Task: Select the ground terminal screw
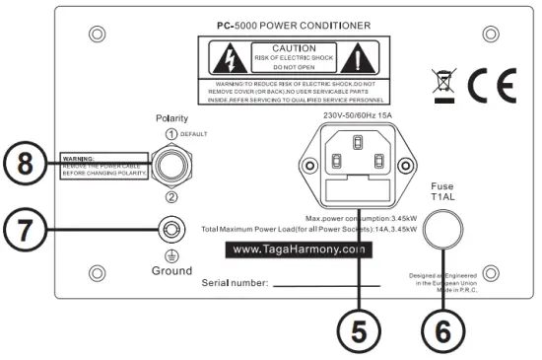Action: tap(171, 230)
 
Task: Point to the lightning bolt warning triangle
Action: tap(224, 58)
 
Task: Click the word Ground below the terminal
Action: tap(171, 270)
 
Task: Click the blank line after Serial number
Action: tap(331, 286)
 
